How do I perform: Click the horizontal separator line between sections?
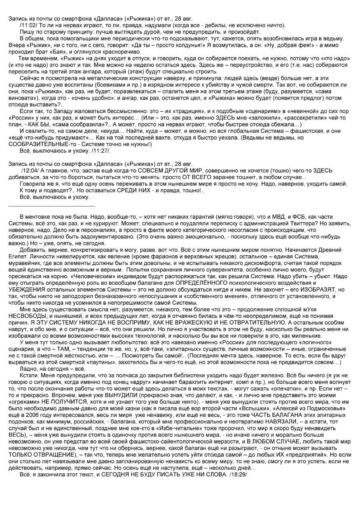point(52,206)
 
